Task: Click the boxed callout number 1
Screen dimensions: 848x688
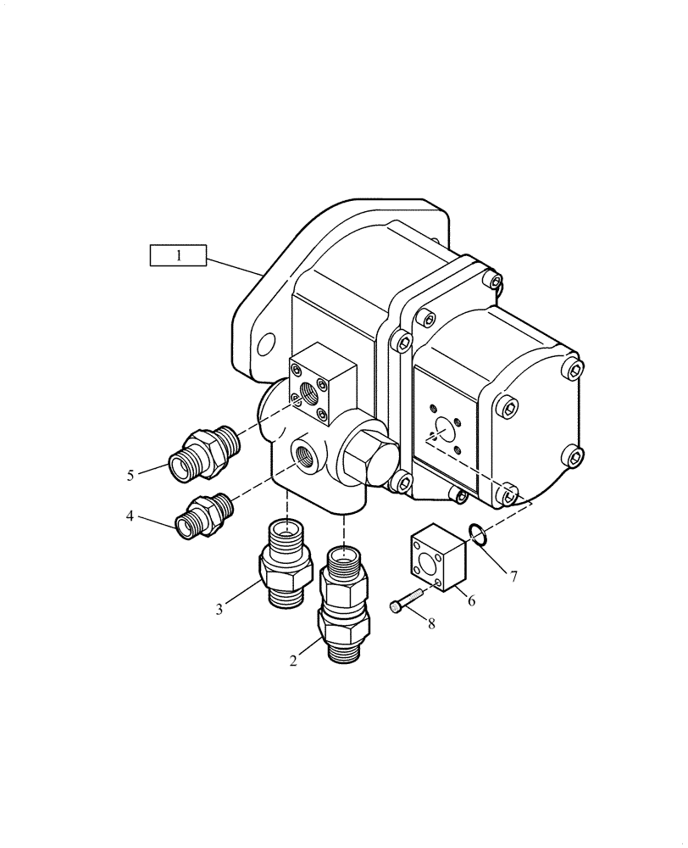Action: (179, 254)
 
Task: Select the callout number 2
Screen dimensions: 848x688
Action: (293, 661)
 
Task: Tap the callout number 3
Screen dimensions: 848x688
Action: (219, 608)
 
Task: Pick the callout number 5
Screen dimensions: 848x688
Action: (130, 475)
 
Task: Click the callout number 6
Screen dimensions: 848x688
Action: (471, 600)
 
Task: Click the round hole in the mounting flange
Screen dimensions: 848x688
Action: (267, 343)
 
